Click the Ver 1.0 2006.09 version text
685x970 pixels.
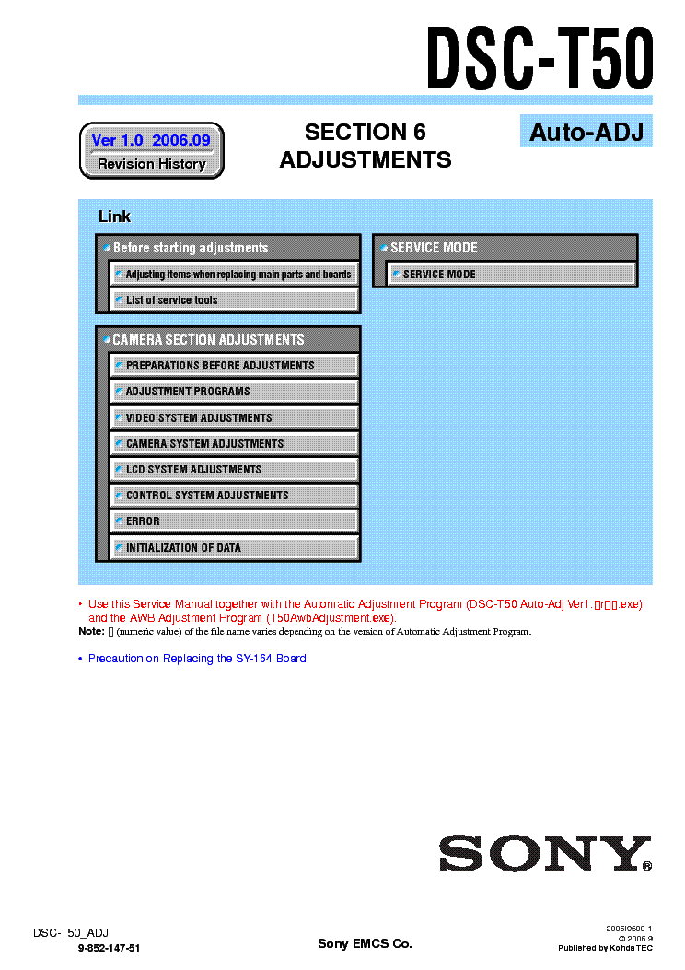tap(151, 140)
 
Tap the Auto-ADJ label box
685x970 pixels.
tap(586, 132)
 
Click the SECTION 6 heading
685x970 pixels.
tap(366, 133)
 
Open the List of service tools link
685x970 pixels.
tap(234, 300)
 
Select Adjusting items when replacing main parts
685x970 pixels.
tap(234, 275)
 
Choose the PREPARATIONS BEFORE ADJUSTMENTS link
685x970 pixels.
tap(234, 366)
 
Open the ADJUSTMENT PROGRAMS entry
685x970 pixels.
tap(234, 392)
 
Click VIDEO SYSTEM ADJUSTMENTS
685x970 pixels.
tap(234, 417)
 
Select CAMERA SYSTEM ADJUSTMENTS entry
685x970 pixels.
tap(234, 444)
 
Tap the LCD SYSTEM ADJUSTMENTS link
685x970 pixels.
tap(234, 470)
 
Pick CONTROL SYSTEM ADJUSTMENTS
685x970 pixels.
tap(234, 496)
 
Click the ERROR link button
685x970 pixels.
tap(234, 521)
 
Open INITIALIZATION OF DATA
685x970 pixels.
tap(234, 548)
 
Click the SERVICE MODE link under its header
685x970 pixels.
tap(510, 275)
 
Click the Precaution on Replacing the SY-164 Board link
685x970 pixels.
tap(197, 659)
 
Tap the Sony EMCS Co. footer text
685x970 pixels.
tap(365, 943)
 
